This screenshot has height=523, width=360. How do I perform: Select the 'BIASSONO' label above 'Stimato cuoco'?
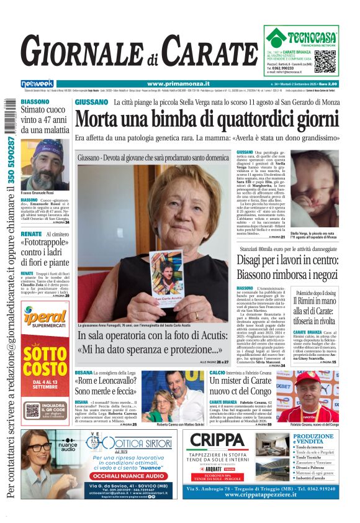pyautogui.click(x=35, y=101)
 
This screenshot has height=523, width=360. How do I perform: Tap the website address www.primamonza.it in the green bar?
pyautogui.click(x=178, y=84)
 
